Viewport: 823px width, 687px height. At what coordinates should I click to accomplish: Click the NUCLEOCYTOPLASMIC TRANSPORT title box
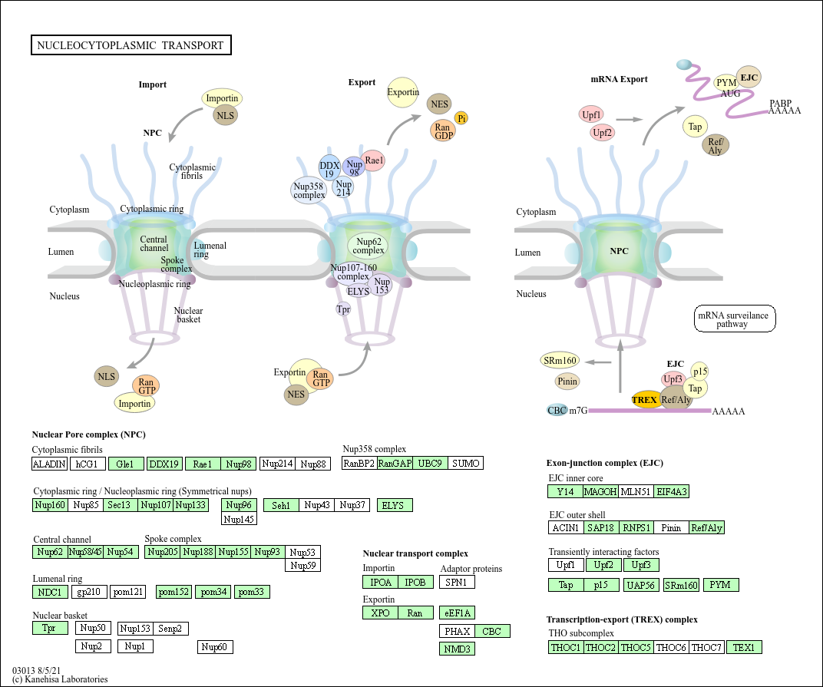click(x=131, y=45)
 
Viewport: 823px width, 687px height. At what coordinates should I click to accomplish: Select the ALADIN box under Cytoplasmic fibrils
click(x=50, y=464)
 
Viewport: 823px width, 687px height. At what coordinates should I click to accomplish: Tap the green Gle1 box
click(x=126, y=464)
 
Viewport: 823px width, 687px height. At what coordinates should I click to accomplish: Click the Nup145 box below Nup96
click(x=239, y=519)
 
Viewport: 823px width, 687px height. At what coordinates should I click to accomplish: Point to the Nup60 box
click(x=215, y=647)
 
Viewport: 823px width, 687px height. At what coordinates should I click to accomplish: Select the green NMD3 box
click(x=457, y=649)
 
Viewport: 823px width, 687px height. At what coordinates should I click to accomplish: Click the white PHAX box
click(x=457, y=631)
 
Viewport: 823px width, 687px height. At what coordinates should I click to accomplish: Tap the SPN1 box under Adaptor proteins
click(x=457, y=582)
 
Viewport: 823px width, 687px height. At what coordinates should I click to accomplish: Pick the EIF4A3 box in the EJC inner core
click(x=672, y=491)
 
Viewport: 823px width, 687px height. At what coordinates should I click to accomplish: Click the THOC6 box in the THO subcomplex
click(x=671, y=647)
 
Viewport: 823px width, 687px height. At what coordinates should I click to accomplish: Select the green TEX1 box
click(x=744, y=647)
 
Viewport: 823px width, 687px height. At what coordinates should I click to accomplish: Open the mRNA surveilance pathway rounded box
click(x=735, y=319)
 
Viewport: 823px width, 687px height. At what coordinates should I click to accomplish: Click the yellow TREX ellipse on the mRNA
click(x=645, y=399)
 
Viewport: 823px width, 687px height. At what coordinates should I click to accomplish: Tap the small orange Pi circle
click(x=461, y=117)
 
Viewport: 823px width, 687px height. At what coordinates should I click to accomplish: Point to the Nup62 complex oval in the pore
click(x=369, y=246)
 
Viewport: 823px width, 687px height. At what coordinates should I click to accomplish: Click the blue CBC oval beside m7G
click(x=557, y=410)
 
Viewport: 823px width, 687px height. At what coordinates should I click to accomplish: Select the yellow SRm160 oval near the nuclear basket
click(x=560, y=361)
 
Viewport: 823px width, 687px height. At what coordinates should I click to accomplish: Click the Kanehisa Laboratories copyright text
click(x=60, y=679)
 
